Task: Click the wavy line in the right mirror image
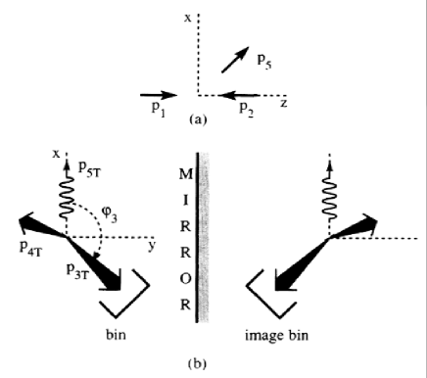point(330,201)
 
